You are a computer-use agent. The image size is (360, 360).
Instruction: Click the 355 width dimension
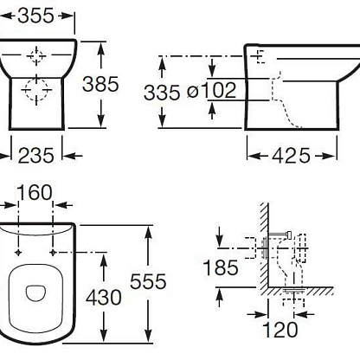pos(35,16)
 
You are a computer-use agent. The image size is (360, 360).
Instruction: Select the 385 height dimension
pos(100,84)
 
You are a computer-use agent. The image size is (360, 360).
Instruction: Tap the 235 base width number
pos(36,156)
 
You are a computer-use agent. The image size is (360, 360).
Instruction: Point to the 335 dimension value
pos(162,93)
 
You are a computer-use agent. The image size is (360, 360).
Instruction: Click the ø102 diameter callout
pos(211,90)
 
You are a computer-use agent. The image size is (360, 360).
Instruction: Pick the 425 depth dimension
pos(291,156)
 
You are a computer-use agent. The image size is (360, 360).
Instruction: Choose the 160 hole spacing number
pos(35,192)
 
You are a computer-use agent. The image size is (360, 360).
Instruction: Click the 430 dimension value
pos(104,298)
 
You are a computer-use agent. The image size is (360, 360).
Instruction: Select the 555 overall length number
pos(148,281)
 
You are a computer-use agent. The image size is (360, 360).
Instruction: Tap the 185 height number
pos(221,267)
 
